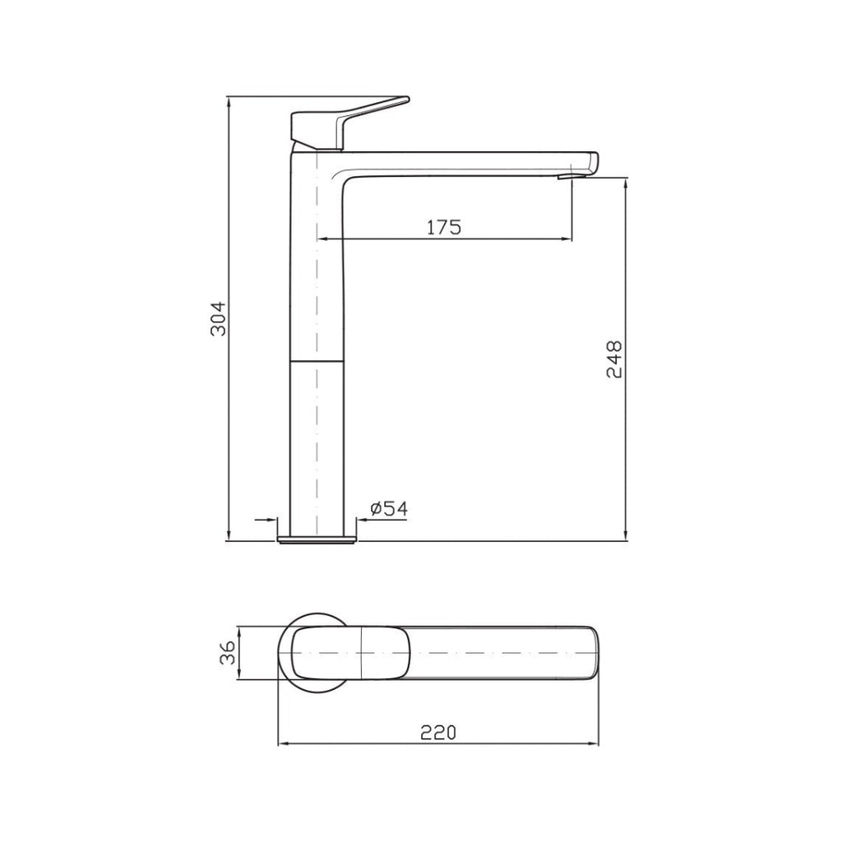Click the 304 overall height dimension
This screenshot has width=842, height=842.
pyautogui.click(x=218, y=319)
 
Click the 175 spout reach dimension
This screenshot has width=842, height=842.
pyautogui.click(x=444, y=227)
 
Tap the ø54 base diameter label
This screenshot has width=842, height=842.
pyautogui.click(x=388, y=510)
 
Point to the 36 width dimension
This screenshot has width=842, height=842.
pyautogui.click(x=229, y=653)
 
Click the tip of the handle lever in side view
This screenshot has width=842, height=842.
pyautogui.click(x=403, y=100)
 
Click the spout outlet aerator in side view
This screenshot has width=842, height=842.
pyautogui.click(x=566, y=176)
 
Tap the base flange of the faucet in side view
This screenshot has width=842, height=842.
pyautogui.click(x=317, y=539)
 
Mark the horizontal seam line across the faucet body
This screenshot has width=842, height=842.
pyautogui.click(x=317, y=360)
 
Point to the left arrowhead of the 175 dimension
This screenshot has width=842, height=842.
pyautogui.click(x=322, y=238)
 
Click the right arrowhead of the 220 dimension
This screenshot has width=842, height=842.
pyautogui.click(x=594, y=745)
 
